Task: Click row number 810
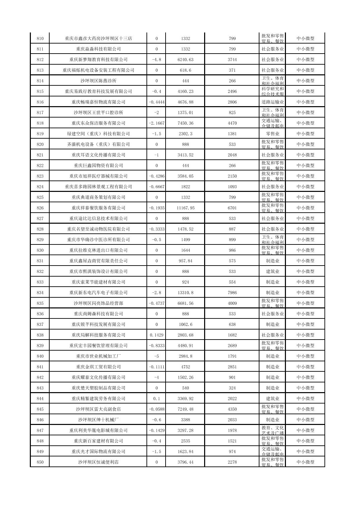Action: tap(40, 39)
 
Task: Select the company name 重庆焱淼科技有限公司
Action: tap(98, 49)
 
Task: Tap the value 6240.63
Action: tap(185, 60)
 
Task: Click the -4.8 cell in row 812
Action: tap(157, 60)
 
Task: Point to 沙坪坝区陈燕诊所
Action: tap(98, 81)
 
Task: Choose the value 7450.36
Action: tap(185, 123)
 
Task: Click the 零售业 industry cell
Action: tap(273, 134)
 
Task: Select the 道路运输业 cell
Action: tap(273, 102)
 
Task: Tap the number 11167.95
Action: tap(185, 208)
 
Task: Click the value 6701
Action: tap(232, 208)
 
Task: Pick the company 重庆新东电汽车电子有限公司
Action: tap(98, 293)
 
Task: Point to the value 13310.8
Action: tap(185, 293)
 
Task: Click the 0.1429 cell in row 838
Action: tap(157, 335)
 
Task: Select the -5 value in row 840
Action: tap(157, 356)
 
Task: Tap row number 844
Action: tap(40, 398)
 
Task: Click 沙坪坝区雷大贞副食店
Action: tap(98, 409)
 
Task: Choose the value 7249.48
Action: tap(185, 409)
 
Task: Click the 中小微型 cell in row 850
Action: tap(305, 462)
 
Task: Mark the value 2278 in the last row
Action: tap(232, 462)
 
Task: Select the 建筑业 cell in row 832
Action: tap(273, 272)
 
